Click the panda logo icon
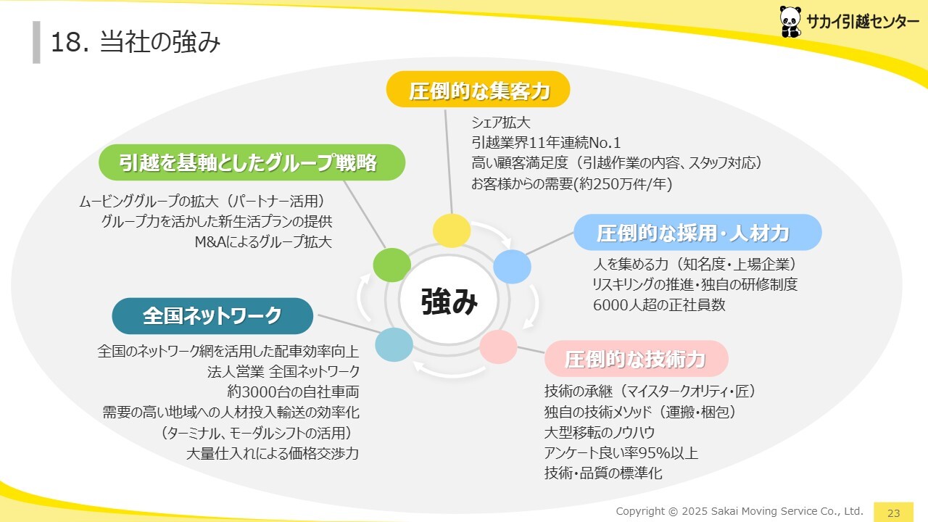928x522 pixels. pos(790,22)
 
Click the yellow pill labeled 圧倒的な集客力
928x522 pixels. pos(478,89)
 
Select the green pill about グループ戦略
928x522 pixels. pos(252,162)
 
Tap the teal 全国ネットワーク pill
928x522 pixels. pos(212,316)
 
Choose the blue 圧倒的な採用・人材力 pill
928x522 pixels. pos(697,232)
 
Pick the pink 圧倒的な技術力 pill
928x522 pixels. pos(637,359)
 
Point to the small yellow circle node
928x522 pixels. pos(452,231)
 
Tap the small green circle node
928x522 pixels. pos(392,265)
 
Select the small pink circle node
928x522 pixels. pos(498,347)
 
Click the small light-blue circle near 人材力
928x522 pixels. pos(512,267)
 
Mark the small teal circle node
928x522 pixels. pos(394,344)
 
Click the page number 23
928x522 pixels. pos(894,513)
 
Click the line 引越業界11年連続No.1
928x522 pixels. pos(546,143)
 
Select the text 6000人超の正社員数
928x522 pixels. pos(659,305)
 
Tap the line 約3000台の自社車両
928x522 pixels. pos(293,391)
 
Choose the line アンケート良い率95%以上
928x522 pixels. pos(621,453)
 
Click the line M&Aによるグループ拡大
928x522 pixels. pos(263,242)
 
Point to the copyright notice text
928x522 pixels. pos(739,511)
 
